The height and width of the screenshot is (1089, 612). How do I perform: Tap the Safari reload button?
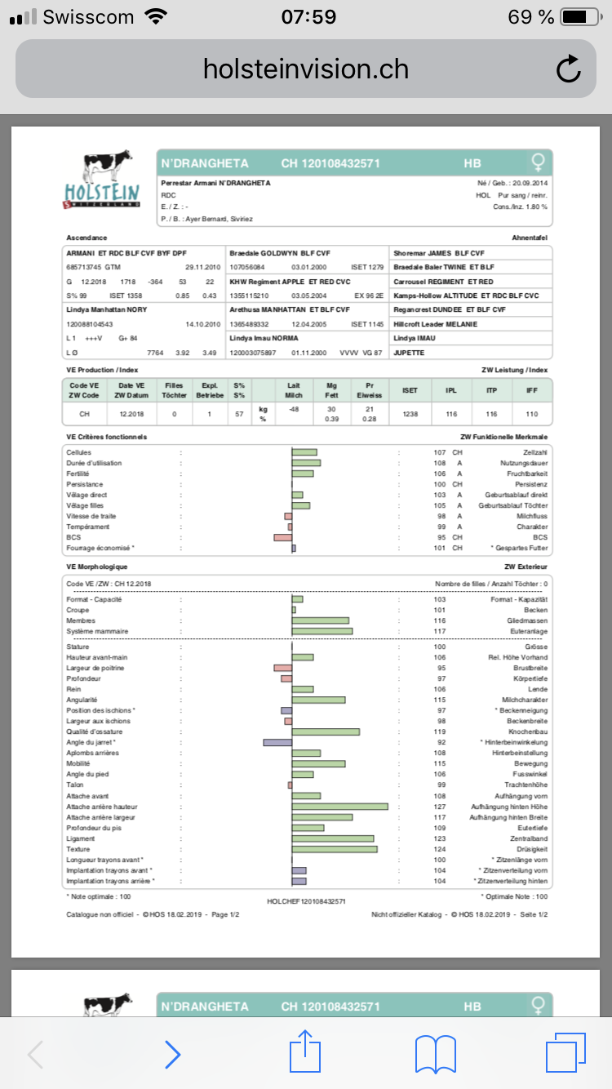[568, 69]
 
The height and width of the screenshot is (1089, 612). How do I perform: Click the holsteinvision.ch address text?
[306, 69]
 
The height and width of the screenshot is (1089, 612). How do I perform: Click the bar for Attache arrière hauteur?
[339, 807]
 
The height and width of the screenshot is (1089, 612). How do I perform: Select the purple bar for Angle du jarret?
[277, 742]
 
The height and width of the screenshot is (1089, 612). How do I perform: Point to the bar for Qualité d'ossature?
[326, 731]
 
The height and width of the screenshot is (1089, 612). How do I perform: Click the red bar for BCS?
[282, 537]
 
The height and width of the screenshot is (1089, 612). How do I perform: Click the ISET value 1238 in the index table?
[410, 414]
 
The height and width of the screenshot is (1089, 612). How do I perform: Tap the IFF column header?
[532, 390]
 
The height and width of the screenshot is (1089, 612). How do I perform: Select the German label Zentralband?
[530, 838]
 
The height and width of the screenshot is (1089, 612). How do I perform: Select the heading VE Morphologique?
[97, 566]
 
